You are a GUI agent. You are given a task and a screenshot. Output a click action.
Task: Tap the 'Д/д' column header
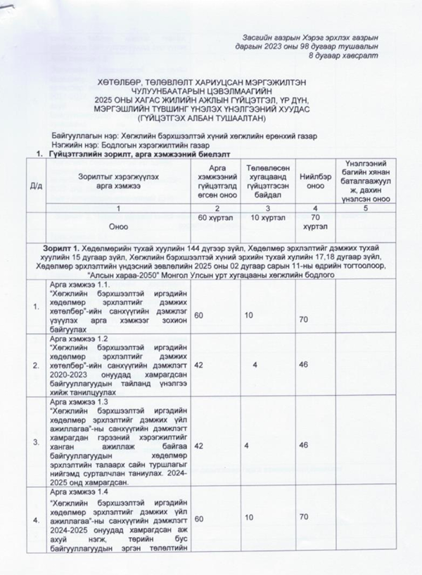point(35,185)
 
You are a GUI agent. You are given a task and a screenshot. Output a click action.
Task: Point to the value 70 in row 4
point(304,517)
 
